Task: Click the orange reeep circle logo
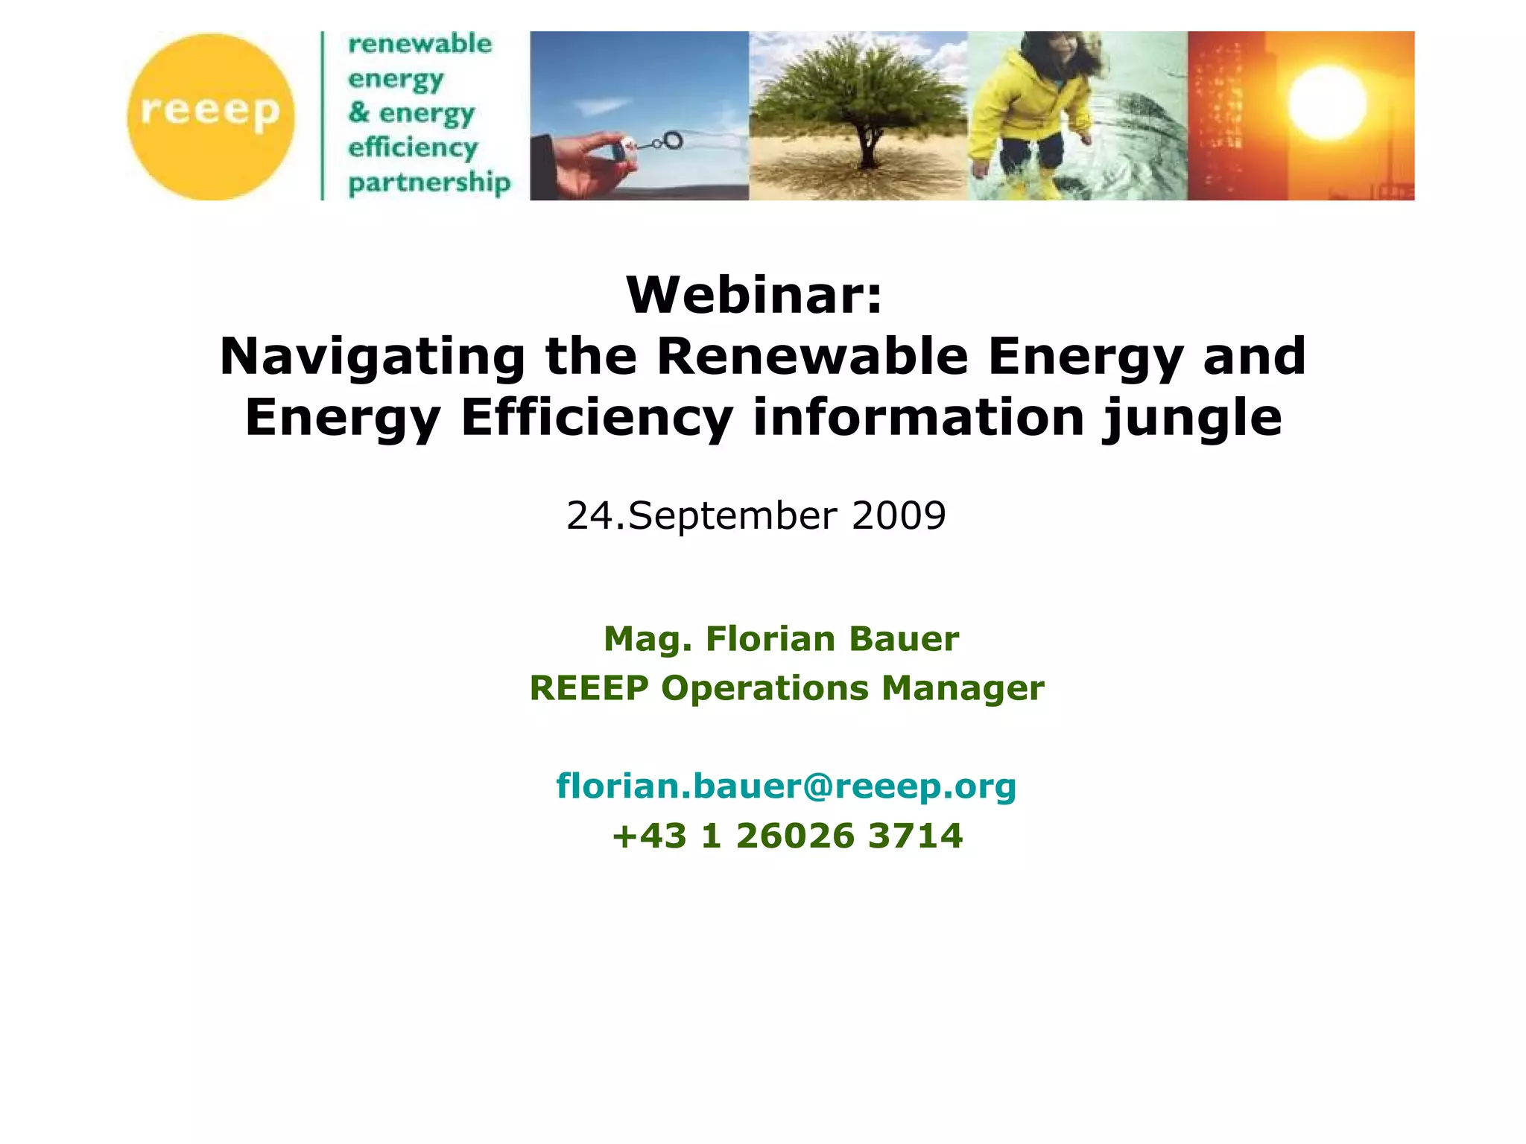(211, 116)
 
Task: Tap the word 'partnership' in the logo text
(429, 182)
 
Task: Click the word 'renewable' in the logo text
(420, 44)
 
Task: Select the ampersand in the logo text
(358, 112)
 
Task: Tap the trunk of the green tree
(866, 153)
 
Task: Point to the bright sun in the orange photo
(1327, 103)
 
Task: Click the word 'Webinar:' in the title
(754, 295)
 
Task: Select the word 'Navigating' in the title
(373, 357)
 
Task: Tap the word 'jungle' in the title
(1192, 418)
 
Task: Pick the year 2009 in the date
(899, 515)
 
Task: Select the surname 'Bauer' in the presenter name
(904, 639)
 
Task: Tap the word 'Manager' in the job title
(963, 688)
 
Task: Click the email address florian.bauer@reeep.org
(786, 786)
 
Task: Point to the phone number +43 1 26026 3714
(788, 836)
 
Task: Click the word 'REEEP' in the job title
(589, 688)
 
